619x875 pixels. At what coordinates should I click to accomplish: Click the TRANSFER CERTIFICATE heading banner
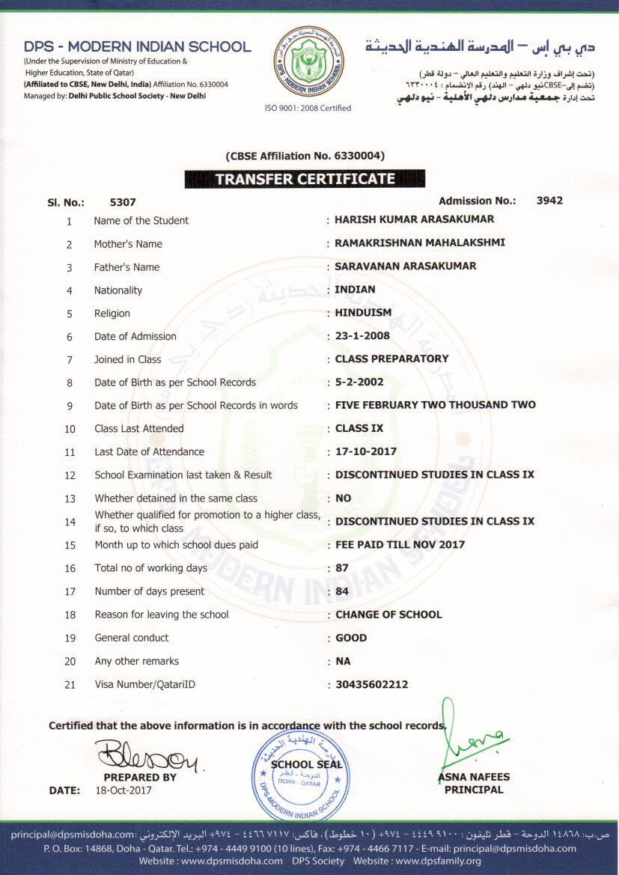(x=305, y=179)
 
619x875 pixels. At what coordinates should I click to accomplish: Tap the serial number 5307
(x=123, y=202)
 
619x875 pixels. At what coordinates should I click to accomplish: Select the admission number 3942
(x=549, y=201)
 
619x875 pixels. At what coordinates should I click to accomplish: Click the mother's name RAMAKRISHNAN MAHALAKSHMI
(x=420, y=243)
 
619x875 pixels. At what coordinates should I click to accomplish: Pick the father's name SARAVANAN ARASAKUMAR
(x=405, y=266)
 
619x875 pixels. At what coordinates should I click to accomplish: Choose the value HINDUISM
(x=363, y=312)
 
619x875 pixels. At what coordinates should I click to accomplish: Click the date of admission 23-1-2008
(x=362, y=335)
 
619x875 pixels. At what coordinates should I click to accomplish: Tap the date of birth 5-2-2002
(x=359, y=382)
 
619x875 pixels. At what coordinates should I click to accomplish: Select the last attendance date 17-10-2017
(x=365, y=451)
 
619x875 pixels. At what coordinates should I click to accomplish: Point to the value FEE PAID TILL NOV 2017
(x=400, y=544)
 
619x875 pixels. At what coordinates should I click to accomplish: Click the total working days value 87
(x=342, y=568)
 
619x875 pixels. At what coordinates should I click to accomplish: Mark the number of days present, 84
(x=342, y=591)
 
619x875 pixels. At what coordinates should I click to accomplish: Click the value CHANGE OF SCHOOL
(x=388, y=615)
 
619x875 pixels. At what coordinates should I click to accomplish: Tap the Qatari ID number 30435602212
(x=371, y=684)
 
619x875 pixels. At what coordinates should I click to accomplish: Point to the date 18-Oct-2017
(x=124, y=790)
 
